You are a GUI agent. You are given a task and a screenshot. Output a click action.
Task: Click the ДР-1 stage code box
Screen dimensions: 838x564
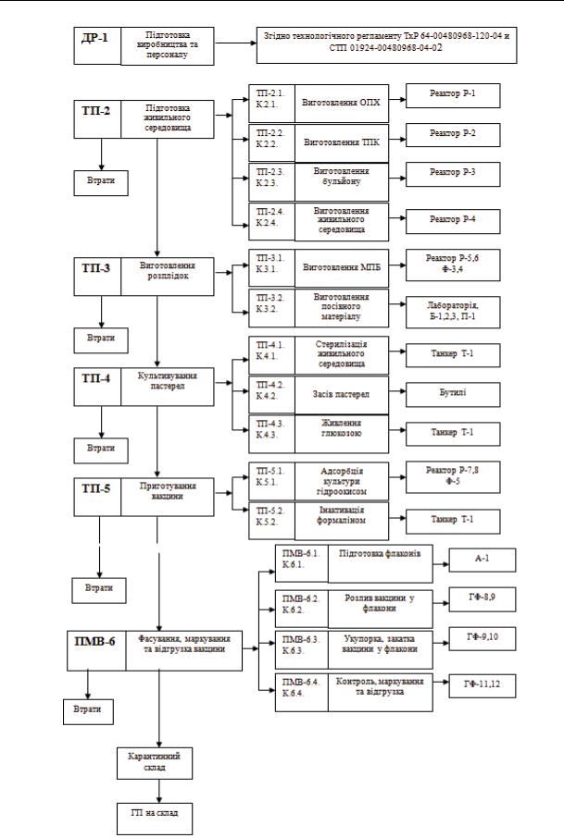pyautogui.click(x=97, y=43)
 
